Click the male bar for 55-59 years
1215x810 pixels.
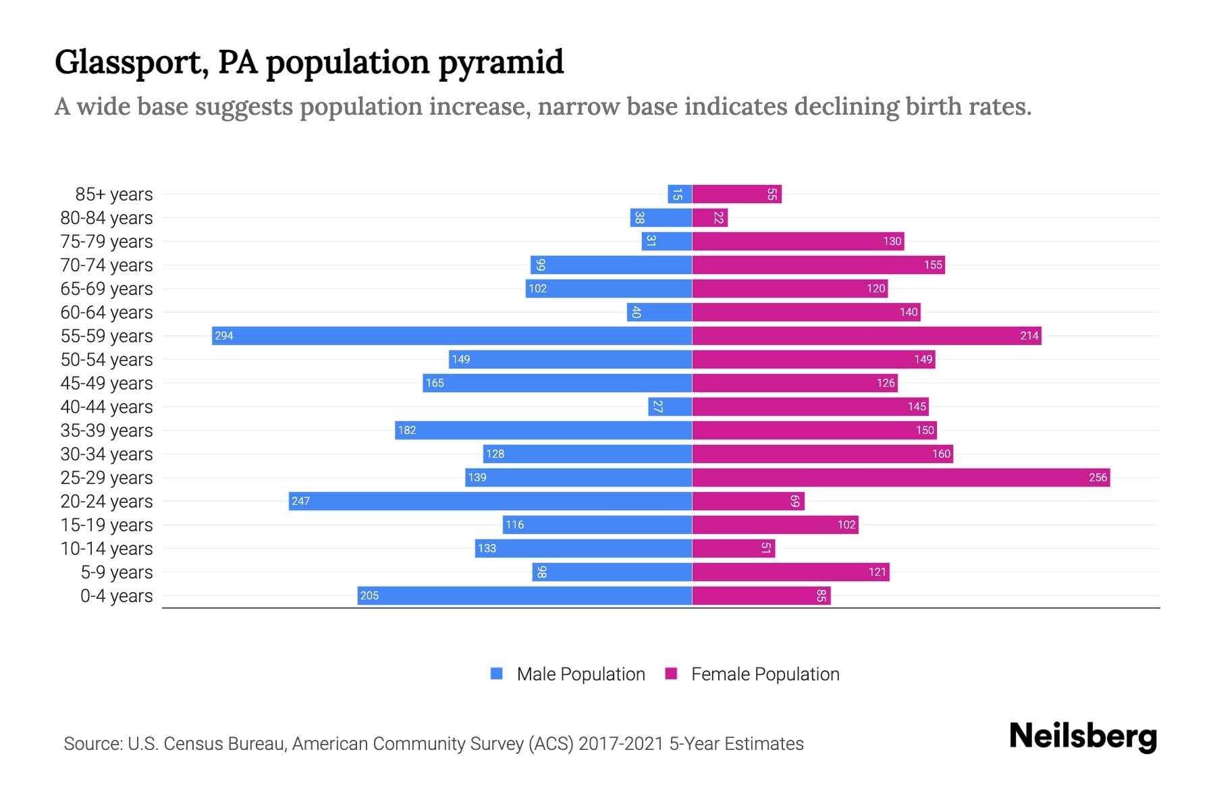(452, 335)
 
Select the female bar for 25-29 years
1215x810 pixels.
(901, 477)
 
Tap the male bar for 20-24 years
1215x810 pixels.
(491, 501)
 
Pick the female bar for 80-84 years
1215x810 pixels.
(710, 217)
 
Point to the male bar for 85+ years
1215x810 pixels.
(680, 194)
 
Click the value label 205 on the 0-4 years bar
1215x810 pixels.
(369, 595)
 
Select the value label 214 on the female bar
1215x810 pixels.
(1029, 335)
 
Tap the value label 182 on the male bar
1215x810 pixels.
(407, 430)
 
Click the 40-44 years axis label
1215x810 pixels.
(107, 407)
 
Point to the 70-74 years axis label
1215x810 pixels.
(107, 265)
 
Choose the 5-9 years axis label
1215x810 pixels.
(117, 572)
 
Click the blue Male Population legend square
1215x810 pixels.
(497, 674)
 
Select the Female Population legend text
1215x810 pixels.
(765, 674)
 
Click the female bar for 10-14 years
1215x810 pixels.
(734, 548)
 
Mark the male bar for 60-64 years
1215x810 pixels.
(659, 312)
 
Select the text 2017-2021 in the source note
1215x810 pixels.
(621, 744)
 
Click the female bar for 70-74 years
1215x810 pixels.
(818, 265)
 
